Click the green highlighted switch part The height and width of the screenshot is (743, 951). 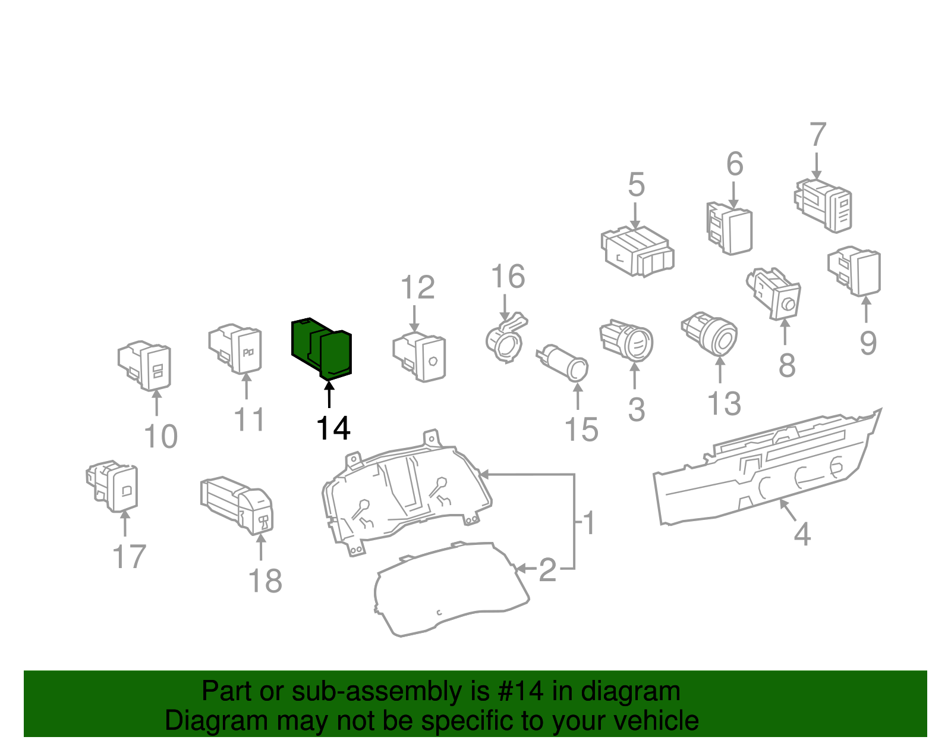point(322,347)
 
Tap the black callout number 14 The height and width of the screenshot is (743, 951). point(333,428)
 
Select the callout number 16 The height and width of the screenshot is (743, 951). point(508,277)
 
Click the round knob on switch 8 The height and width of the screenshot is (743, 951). point(789,305)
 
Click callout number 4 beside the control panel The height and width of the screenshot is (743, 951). point(802,534)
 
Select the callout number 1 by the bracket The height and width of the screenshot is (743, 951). point(588,523)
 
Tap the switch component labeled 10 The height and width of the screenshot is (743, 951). point(146,365)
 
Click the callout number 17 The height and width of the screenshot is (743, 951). point(129,557)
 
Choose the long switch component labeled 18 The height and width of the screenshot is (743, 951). point(238,503)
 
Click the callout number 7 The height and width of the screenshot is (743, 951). point(818,134)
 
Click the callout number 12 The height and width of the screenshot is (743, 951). point(418,288)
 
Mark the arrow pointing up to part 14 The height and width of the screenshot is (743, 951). point(329,396)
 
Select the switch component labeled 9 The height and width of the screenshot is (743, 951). point(855,271)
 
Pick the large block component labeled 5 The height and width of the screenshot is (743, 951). point(637,252)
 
